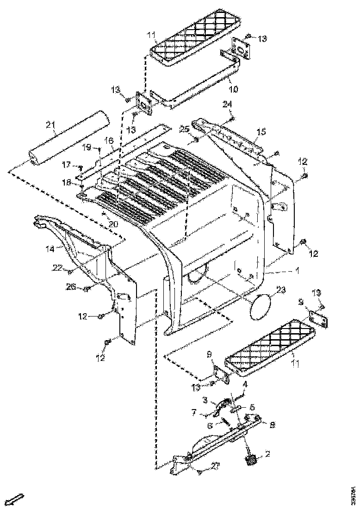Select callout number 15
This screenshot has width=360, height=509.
pos(261,132)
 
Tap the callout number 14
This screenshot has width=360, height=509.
pos(50,248)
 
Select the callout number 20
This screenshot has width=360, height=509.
pos(113,224)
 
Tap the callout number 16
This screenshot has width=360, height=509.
pos(108,140)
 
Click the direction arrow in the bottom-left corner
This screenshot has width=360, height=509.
pos(17,499)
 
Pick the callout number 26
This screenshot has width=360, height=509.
pos(70,287)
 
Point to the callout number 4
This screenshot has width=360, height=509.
pos(245,384)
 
